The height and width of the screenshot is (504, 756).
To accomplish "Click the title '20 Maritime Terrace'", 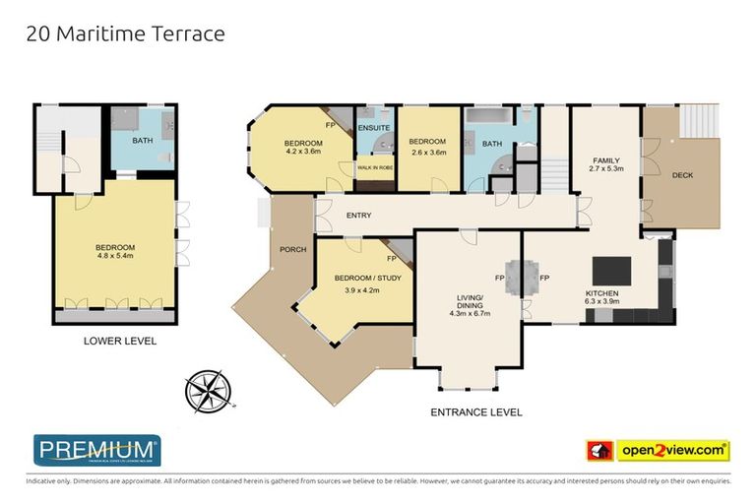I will [x=125, y=34].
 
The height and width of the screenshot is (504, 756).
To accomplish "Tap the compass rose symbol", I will [x=208, y=388].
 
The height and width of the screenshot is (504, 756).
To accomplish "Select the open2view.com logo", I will [x=657, y=450].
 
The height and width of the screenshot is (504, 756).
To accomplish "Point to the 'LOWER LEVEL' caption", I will [x=115, y=342].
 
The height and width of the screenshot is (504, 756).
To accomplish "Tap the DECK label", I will [x=682, y=175].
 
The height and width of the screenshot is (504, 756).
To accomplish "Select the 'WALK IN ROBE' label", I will [x=375, y=168].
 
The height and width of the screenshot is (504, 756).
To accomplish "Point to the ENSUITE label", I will [x=374, y=128].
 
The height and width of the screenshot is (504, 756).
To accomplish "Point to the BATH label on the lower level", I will [x=143, y=141].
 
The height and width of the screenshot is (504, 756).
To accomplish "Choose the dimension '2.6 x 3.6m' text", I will [x=427, y=152].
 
